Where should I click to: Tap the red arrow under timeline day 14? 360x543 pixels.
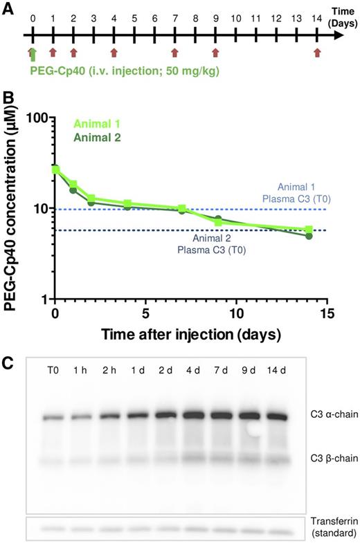pyautogui.click(x=317, y=52)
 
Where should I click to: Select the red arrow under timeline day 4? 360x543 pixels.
pyautogui.click(x=114, y=52)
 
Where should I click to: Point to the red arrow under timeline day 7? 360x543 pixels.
pyautogui.click(x=175, y=52)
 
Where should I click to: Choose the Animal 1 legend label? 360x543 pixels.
pyautogui.click(x=97, y=125)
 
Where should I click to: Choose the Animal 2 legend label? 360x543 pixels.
pyautogui.click(x=97, y=138)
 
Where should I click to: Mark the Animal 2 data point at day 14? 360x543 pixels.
pyautogui.click(x=309, y=236)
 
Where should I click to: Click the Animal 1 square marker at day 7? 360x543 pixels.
pyautogui.click(x=182, y=208)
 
